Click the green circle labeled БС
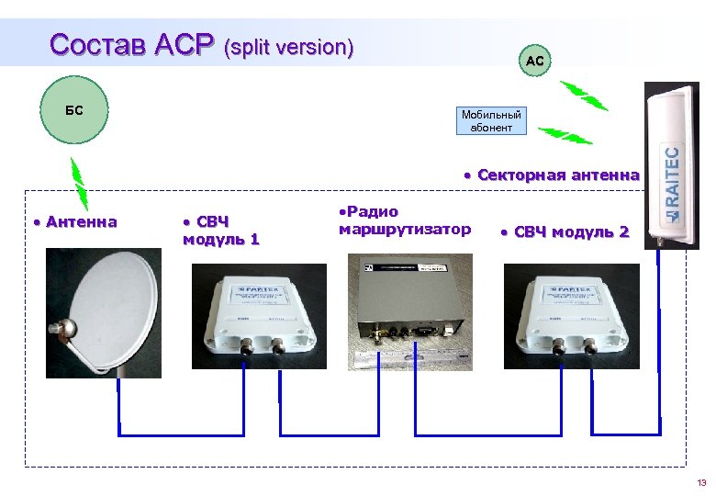point(74,111)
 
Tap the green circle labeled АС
point(535,61)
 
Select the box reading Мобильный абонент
point(491,121)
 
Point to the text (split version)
point(289,47)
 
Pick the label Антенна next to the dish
point(79,221)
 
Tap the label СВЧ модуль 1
point(220,231)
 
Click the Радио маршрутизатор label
point(403,220)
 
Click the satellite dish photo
point(106,311)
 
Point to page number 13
point(701,482)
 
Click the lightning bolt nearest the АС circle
point(583,96)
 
